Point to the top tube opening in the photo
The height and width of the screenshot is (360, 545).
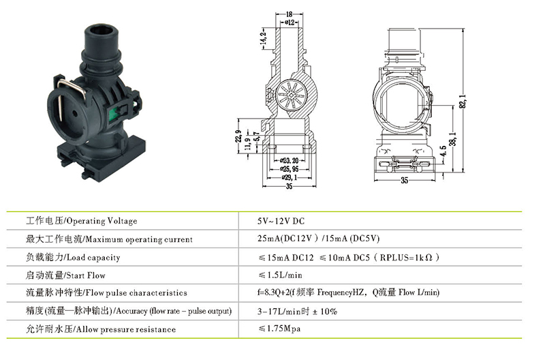[99, 31]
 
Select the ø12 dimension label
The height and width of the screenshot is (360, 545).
[290, 22]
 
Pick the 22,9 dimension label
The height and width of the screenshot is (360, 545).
[238, 136]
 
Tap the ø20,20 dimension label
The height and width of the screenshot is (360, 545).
[290, 161]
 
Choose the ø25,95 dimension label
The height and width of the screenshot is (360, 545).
[290, 169]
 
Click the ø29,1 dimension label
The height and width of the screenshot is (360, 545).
[290, 177]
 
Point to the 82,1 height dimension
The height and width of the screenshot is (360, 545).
[463, 101]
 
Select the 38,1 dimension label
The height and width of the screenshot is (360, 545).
[452, 139]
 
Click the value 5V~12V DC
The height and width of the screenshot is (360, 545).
[281, 221]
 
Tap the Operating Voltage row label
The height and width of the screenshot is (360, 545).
[102, 221]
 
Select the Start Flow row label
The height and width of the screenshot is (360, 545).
[86, 275]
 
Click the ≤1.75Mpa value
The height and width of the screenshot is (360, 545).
[279, 329]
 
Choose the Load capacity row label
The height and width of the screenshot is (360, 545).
[93, 258]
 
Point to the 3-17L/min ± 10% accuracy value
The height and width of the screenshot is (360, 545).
[297, 312]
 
